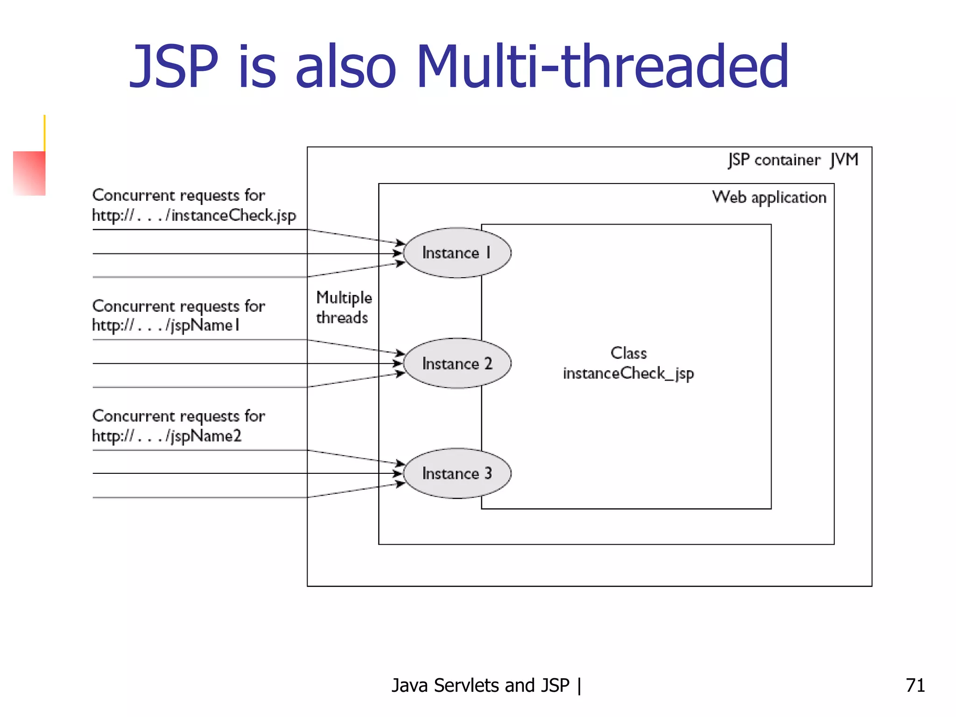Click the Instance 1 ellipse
[x=457, y=253]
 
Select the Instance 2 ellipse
[x=457, y=363]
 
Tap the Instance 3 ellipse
[x=457, y=473]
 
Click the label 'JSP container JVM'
[x=793, y=160]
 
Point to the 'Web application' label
[x=769, y=197]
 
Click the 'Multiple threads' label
[x=344, y=308]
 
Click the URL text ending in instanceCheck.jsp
[x=194, y=216]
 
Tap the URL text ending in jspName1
[x=166, y=325]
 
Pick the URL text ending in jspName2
[x=167, y=436]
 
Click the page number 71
[x=915, y=685]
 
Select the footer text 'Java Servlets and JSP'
[x=481, y=685]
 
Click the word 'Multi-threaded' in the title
[x=602, y=66]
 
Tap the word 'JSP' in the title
[x=174, y=66]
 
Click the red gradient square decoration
[x=29, y=173]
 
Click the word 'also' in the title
[x=345, y=66]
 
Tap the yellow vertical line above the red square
[x=44, y=133]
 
